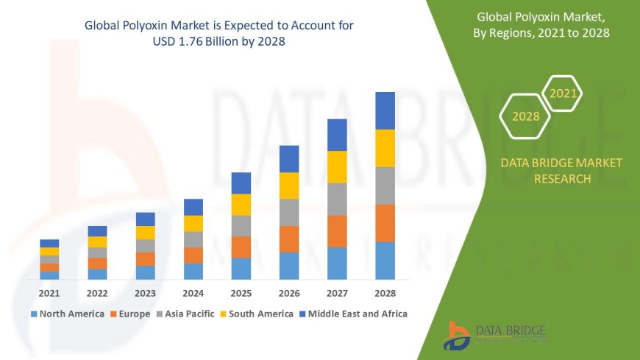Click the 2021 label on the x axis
[x=49, y=293]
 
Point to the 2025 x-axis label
[x=241, y=293]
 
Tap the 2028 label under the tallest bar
[x=385, y=293]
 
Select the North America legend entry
[x=67, y=314]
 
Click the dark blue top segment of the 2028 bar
[x=385, y=110]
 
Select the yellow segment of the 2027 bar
[x=337, y=166]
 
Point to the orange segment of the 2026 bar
[x=289, y=239]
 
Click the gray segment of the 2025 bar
[x=241, y=225]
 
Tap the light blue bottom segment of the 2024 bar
[x=193, y=271]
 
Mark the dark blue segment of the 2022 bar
[x=97, y=231]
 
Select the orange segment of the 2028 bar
[x=385, y=223]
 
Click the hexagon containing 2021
[x=563, y=93]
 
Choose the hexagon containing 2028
[x=525, y=116]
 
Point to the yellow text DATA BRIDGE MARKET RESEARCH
[x=561, y=171]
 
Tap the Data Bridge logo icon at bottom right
[x=457, y=336]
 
